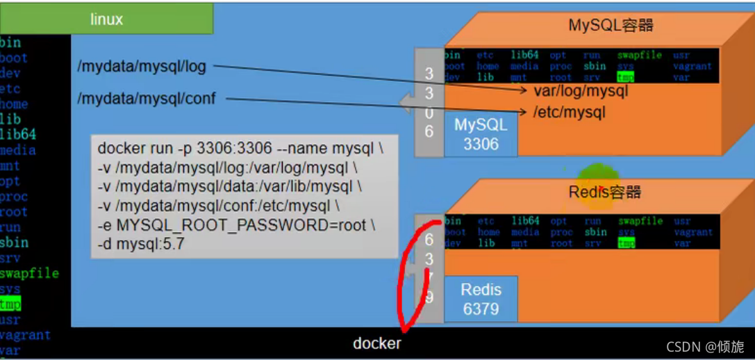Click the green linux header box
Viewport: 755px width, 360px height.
(x=106, y=19)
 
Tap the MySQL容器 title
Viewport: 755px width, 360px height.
(x=611, y=26)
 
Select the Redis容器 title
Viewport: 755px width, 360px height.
(x=604, y=192)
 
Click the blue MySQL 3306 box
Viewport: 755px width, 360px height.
(x=481, y=135)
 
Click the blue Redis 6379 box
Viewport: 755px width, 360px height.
(x=481, y=299)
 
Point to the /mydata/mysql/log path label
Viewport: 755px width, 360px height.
(x=142, y=67)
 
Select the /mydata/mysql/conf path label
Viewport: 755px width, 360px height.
(x=147, y=99)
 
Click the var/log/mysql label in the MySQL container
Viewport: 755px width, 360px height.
(x=581, y=91)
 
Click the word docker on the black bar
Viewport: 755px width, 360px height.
(x=376, y=343)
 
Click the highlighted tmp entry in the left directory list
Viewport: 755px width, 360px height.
(x=10, y=304)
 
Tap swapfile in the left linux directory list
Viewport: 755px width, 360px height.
(x=29, y=273)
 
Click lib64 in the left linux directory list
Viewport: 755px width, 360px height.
(x=18, y=135)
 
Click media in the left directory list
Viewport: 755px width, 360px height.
(x=18, y=150)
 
